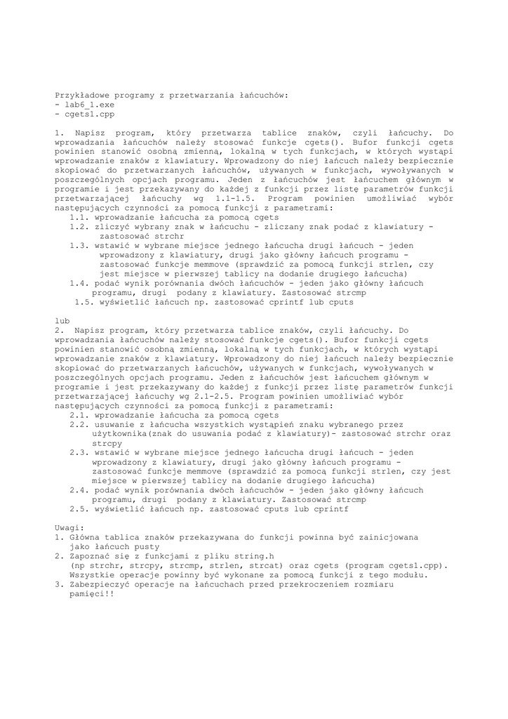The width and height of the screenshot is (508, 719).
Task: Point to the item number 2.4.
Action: (79, 490)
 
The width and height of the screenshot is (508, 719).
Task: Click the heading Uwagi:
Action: (69, 527)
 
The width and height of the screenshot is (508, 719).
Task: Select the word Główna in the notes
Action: (86, 537)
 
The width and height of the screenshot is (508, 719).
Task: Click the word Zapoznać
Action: (91, 555)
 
